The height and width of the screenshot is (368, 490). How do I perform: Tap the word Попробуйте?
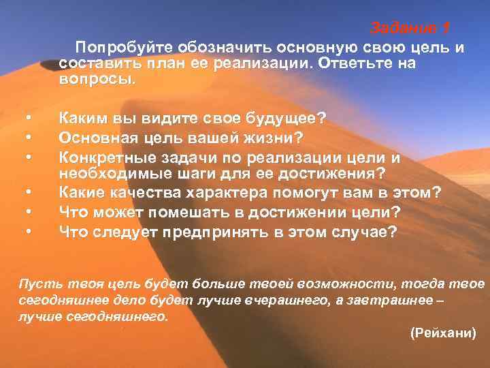tap(125, 48)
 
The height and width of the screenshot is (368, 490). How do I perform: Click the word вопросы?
tap(96, 78)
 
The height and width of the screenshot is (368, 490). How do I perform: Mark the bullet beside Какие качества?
tap(29, 194)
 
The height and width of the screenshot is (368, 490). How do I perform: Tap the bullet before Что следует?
tap(29, 232)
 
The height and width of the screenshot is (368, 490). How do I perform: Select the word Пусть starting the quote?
tap(33, 283)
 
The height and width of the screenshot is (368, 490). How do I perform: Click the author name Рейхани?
tap(444, 334)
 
